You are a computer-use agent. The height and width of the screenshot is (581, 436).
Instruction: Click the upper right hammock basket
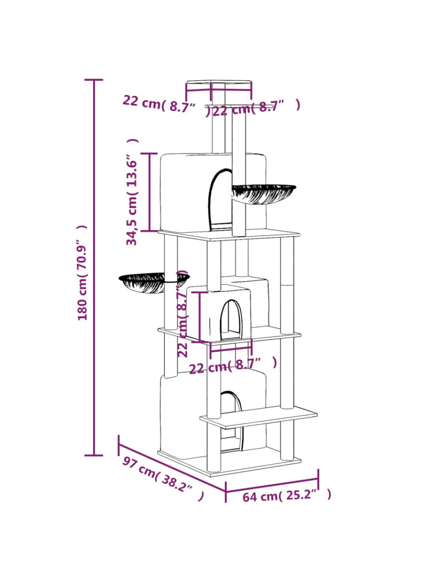[x=264, y=194]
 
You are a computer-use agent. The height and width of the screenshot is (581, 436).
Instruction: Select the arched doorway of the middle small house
[x=231, y=320]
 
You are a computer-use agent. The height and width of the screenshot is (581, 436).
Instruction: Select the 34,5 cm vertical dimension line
[x=149, y=192]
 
